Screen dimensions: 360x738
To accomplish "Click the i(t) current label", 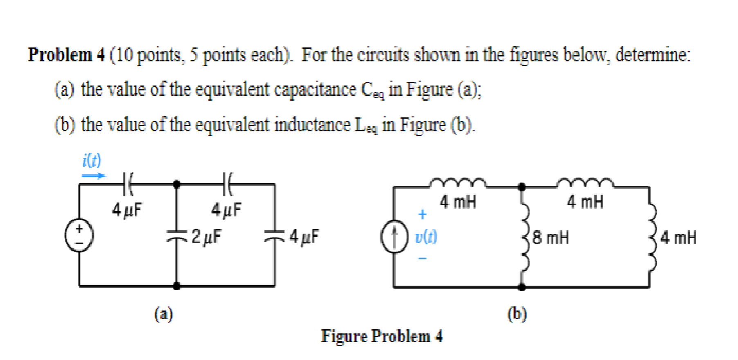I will tap(91, 160).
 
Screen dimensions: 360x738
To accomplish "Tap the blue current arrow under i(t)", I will tap(93, 176).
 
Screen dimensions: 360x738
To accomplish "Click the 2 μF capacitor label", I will tap(207, 236).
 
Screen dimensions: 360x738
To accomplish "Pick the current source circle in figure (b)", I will tap(394, 236).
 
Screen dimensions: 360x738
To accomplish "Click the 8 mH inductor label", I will tap(551, 237).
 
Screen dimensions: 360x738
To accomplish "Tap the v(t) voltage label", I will tap(426, 236).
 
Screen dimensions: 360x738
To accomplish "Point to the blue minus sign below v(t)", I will tap(423, 258).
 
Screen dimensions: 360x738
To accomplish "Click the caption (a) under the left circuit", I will tap(164, 314).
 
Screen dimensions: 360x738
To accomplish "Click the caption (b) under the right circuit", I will tap(517, 314).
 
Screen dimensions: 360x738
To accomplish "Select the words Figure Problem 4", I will tap(381, 336).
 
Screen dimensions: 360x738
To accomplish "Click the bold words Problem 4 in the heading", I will tap(66, 55).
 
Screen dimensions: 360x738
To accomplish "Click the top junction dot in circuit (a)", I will tap(177, 184).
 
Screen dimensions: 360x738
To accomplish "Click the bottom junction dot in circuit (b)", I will tap(522, 287).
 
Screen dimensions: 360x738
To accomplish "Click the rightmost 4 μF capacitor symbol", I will tap(274, 236).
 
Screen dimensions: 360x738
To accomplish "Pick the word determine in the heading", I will tap(652, 55).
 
